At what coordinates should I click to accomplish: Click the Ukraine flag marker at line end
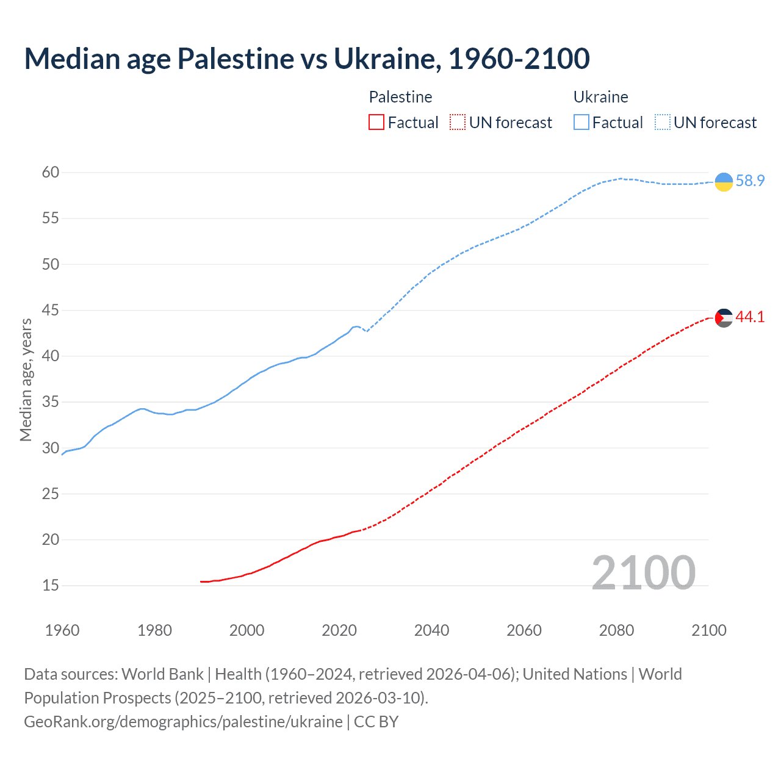click(724, 182)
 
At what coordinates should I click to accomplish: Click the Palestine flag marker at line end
click(724, 318)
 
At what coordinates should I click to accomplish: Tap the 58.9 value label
click(750, 181)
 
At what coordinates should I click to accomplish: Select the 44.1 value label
click(750, 317)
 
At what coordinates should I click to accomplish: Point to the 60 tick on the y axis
click(51, 173)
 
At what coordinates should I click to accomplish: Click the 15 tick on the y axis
click(51, 586)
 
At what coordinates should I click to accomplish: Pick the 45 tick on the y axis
click(51, 311)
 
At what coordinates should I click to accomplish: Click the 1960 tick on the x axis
click(62, 630)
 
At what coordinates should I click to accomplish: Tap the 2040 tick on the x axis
click(431, 630)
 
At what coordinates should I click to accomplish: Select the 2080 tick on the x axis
click(616, 630)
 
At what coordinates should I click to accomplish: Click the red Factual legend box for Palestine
click(376, 123)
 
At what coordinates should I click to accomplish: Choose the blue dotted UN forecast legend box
click(663, 123)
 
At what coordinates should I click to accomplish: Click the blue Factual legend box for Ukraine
click(581, 123)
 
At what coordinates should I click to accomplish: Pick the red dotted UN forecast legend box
click(458, 123)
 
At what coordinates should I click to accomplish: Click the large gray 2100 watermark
click(643, 572)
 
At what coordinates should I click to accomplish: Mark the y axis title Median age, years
click(26, 380)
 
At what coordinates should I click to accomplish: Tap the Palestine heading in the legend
click(400, 97)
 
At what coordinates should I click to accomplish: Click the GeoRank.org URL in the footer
click(183, 722)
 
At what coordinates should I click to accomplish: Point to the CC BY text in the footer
click(376, 722)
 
